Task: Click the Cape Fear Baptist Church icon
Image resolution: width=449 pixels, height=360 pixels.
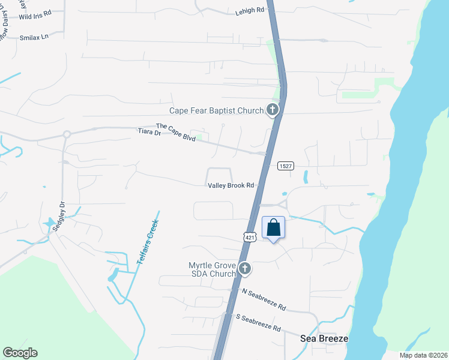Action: coord(273,110)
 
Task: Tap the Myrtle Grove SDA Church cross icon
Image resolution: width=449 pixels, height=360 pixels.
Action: coord(245,269)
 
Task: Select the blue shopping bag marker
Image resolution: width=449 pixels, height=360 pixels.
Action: coord(273,228)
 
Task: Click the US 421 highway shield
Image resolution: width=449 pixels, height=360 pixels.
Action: coord(251,238)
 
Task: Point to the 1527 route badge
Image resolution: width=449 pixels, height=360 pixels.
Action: coord(285,166)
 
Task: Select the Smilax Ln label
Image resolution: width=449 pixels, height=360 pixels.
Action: coord(33,37)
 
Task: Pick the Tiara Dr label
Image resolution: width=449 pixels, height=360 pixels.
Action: coord(149,132)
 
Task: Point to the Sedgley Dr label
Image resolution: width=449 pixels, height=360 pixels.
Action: coord(61,212)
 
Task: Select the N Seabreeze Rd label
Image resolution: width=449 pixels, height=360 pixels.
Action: coord(264,299)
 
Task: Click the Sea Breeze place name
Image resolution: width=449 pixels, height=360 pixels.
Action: coord(324,339)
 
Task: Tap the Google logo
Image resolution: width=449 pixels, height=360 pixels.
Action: coord(20,353)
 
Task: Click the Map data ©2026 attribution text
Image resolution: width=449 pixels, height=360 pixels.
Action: coord(423,355)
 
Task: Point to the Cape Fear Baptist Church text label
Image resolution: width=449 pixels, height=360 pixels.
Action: coord(217,110)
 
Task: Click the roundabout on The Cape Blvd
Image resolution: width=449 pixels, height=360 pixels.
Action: coord(67,134)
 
